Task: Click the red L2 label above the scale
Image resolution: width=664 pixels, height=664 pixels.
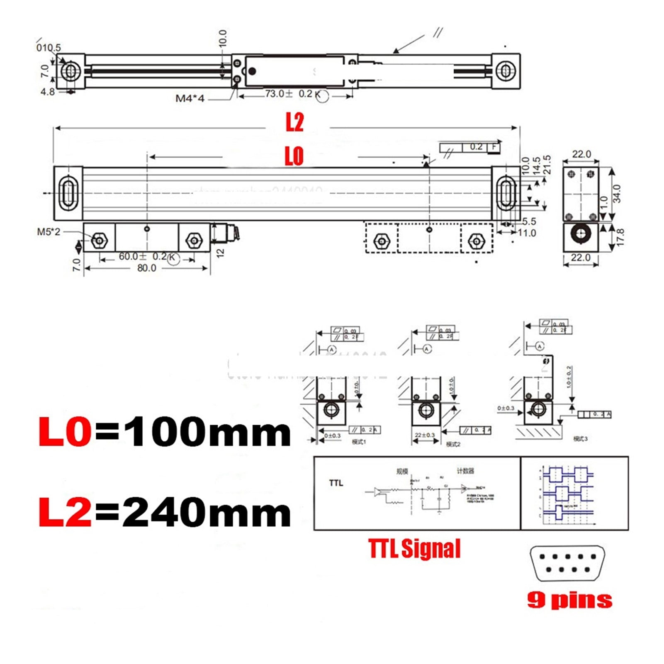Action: click(x=294, y=122)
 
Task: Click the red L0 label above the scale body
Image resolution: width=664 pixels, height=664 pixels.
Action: click(x=294, y=156)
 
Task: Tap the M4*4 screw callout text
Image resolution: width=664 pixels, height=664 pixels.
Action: click(x=190, y=99)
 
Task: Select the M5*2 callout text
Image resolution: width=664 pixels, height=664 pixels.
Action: click(x=49, y=232)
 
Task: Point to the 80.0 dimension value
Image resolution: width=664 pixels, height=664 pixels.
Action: click(x=147, y=268)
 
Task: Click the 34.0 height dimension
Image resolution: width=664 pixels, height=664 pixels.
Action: click(x=617, y=194)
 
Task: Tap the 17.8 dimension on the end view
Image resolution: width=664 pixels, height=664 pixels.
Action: click(x=620, y=237)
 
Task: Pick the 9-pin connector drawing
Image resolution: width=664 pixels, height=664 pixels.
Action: click(x=567, y=563)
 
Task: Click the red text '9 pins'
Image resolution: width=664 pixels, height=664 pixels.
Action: click(x=570, y=600)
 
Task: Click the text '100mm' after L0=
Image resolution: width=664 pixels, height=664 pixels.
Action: click(x=207, y=432)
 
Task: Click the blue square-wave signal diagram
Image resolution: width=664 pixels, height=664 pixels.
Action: click(x=568, y=493)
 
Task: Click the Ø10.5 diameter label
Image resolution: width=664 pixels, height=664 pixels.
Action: click(x=49, y=48)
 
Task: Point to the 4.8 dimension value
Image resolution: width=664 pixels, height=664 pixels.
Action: click(x=48, y=92)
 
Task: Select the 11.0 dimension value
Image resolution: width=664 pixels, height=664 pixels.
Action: click(x=527, y=233)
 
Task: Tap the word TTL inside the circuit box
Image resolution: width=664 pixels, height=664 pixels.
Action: click(x=336, y=483)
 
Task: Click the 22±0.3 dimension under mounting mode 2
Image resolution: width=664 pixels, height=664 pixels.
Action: click(x=424, y=435)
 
